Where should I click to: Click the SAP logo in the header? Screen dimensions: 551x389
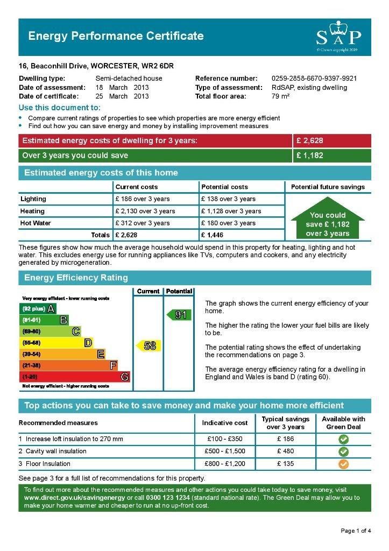[x=338, y=37]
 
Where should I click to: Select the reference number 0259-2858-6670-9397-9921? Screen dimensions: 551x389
[x=314, y=79]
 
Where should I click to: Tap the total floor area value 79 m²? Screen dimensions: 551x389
[x=281, y=96]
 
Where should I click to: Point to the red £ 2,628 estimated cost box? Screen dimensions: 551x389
[x=331, y=141]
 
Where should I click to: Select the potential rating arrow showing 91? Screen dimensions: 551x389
[x=179, y=315]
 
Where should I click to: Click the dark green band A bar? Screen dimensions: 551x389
[x=38, y=309]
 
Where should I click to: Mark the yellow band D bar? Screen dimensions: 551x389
[x=56, y=343]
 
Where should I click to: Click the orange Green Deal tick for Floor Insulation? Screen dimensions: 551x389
[x=343, y=464]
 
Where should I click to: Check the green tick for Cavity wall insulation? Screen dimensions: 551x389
[x=343, y=451]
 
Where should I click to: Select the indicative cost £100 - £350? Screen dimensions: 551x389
[x=225, y=439]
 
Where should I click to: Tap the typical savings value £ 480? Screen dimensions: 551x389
[x=285, y=451]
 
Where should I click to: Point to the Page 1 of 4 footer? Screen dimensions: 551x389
[x=356, y=531]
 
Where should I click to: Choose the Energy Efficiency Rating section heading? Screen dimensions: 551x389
[x=76, y=278]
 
